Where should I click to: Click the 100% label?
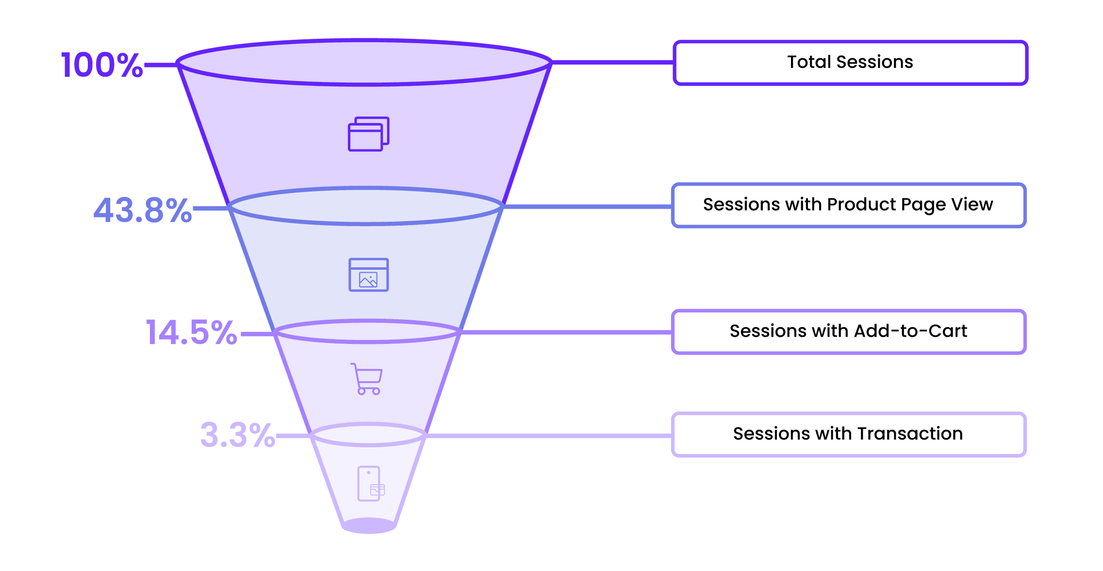[x=101, y=65]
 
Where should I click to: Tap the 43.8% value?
[x=142, y=210]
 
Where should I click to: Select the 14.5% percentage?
[x=191, y=333]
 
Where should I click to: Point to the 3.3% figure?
[x=237, y=435]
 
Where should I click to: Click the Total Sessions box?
[x=850, y=63]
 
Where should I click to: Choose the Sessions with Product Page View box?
[x=848, y=205]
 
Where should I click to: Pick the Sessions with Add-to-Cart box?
[x=848, y=332]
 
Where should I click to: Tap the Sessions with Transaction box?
[x=848, y=434]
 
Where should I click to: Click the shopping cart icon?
[x=367, y=379]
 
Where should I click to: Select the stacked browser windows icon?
[x=369, y=134]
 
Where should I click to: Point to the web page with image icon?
[x=369, y=275]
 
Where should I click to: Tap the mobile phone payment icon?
[x=370, y=484]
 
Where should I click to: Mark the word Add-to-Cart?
[x=910, y=331]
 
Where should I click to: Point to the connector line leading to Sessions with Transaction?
[x=548, y=436]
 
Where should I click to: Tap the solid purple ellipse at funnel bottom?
[x=369, y=526]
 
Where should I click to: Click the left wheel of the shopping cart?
[x=362, y=392]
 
